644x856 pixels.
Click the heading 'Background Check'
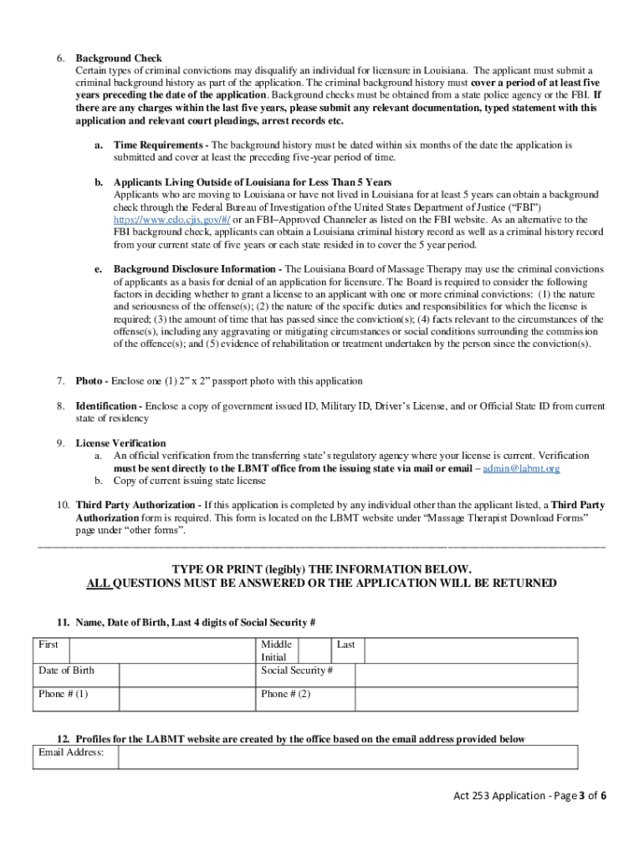(x=119, y=59)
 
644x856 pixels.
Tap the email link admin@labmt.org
(x=521, y=468)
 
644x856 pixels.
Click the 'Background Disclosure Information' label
(x=197, y=269)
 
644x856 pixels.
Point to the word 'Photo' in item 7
(x=89, y=381)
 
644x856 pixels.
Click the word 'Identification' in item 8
(x=108, y=406)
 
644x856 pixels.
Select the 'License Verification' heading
(x=120, y=443)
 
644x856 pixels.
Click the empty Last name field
(x=468, y=650)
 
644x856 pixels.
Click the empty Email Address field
(x=347, y=757)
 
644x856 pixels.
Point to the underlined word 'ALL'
(x=100, y=583)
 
